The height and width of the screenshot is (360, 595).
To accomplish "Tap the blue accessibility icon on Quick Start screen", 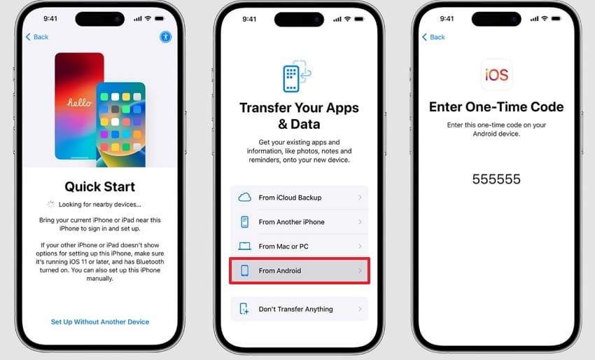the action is click(x=165, y=37).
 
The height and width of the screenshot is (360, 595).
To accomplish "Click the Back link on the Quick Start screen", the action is click(x=37, y=37).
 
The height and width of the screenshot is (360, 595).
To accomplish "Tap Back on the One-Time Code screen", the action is click(x=433, y=37).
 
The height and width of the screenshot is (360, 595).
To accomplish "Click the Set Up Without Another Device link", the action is click(x=100, y=321).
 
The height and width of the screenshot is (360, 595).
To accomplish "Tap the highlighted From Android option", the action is click(x=299, y=270).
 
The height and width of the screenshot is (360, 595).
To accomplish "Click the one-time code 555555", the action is click(x=496, y=179).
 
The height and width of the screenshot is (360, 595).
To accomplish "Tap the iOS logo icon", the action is click(x=496, y=74).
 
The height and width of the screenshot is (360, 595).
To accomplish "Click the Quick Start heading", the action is click(x=100, y=186).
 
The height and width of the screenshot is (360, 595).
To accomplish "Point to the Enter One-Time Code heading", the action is click(x=496, y=106).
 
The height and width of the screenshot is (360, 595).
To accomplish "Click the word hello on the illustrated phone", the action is click(x=80, y=102).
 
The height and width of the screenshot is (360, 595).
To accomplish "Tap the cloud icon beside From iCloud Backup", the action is click(x=245, y=197).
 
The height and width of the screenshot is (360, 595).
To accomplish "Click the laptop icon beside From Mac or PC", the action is click(x=245, y=246).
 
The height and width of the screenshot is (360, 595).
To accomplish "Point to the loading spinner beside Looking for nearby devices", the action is click(x=50, y=204).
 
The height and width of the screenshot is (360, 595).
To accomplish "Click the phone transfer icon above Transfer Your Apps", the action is click(x=297, y=76).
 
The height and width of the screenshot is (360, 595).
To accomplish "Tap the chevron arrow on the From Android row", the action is click(x=360, y=270).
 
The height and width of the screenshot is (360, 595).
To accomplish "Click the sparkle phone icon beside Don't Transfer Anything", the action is click(x=244, y=309).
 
